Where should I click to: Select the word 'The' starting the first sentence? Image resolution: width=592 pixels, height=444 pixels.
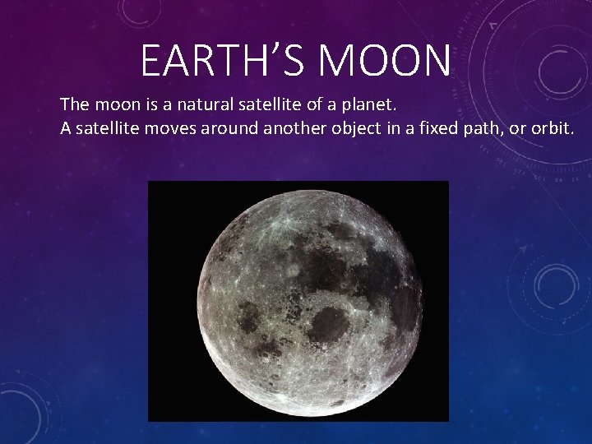75,105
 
